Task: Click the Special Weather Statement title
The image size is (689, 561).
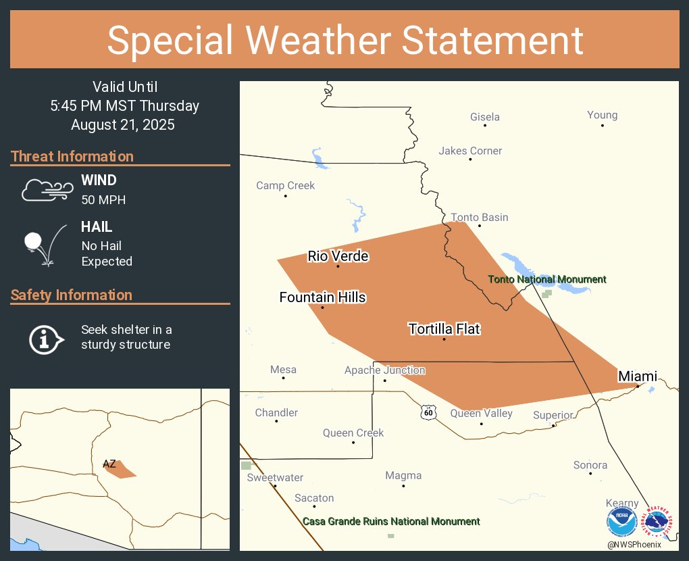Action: click(344, 40)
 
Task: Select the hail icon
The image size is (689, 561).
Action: click(45, 245)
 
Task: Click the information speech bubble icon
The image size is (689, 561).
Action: click(46, 338)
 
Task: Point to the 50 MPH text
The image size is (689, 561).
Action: click(103, 200)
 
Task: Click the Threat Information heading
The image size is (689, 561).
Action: click(72, 157)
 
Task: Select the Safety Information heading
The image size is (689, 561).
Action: click(72, 295)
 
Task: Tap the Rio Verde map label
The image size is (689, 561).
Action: click(338, 255)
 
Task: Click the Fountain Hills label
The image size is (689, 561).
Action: click(322, 297)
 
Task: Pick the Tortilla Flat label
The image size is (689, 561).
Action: click(444, 329)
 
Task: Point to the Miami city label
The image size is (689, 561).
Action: click(637, 376)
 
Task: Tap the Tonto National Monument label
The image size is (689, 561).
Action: click(547, 279)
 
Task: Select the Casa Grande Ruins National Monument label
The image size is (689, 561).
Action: click(391, 521)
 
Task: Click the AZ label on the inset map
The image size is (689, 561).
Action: click(109, 464)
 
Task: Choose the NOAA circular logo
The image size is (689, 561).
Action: click(622, 522)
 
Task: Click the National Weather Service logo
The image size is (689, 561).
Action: click(659, 522)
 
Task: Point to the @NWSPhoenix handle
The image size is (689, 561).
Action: click(634, 544)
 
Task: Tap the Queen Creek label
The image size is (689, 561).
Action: click(353, 433)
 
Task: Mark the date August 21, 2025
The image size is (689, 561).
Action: click(122, 125)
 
